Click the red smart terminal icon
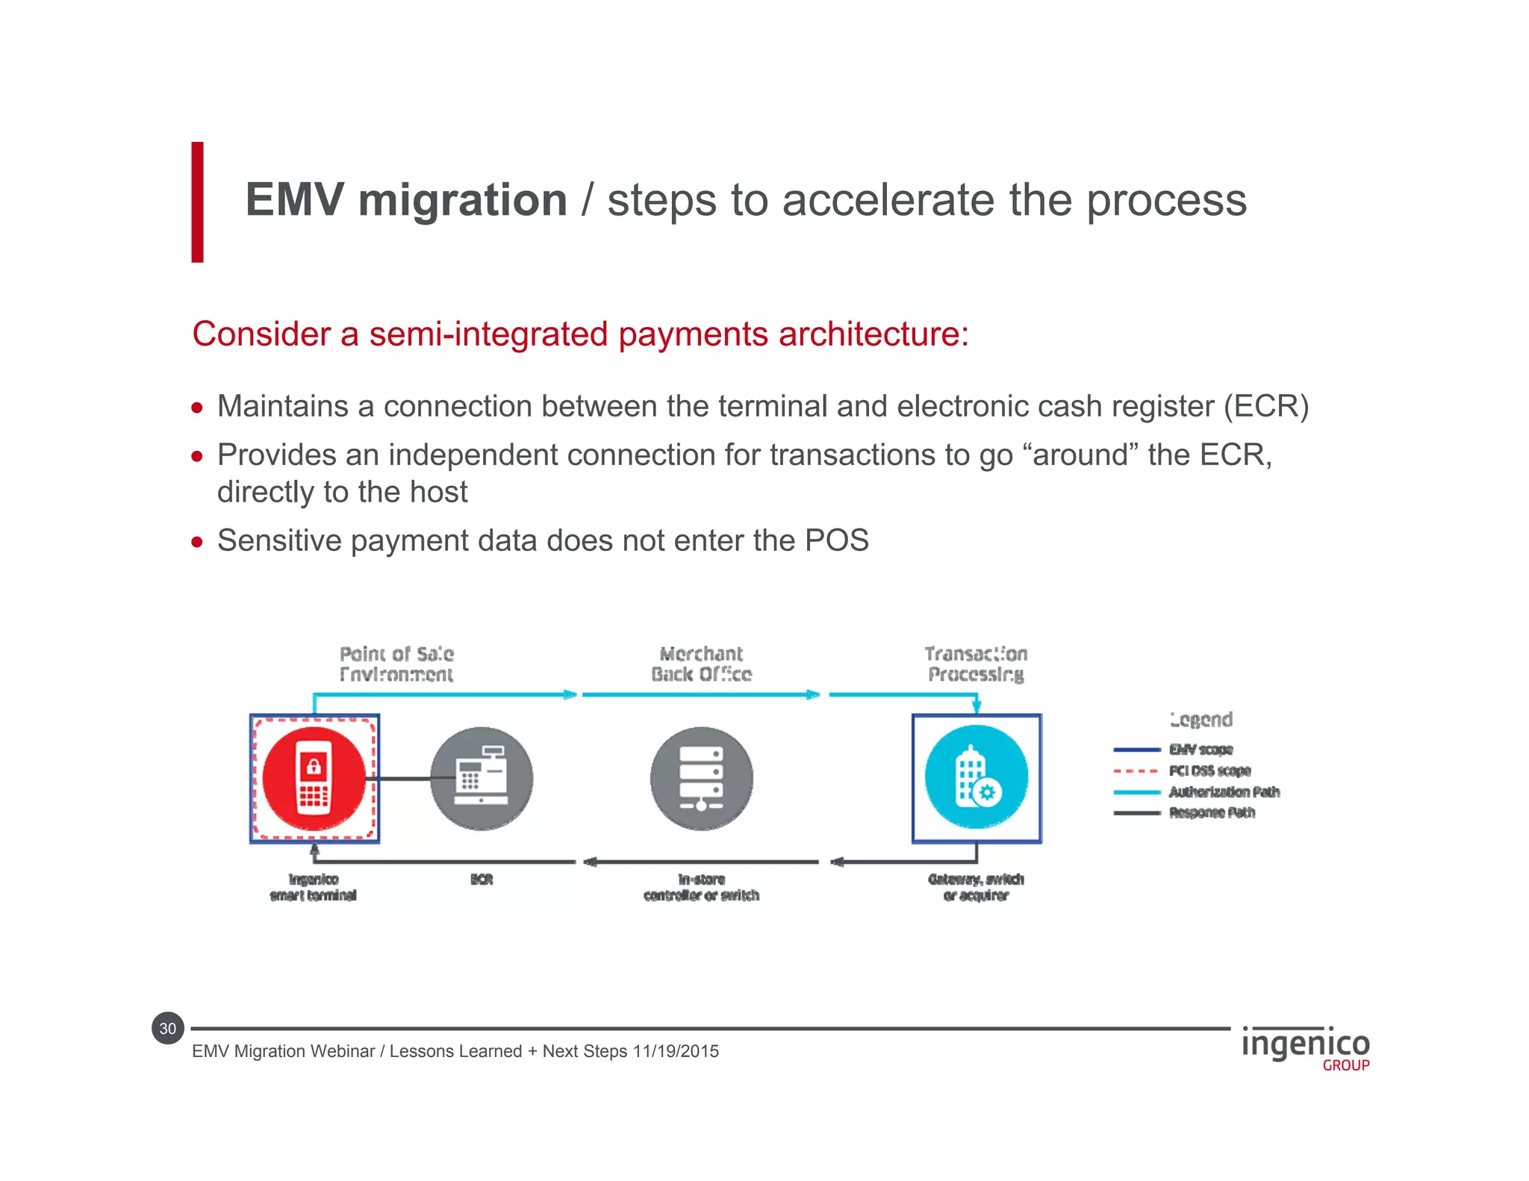pos(314,779)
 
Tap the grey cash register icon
pos(482,779)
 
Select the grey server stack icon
pos(701,779)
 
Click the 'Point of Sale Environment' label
pos(396,664)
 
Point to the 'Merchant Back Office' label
pos(701,664)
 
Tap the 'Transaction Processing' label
pos(976,664)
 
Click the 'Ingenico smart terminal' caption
pos(314,887)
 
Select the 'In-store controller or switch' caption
pos(701,887)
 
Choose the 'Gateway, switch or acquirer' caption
pos(976,887)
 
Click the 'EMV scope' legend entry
pos(1201,750)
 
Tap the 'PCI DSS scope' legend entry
pos(1209,770)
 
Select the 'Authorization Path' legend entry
pos(1224,791)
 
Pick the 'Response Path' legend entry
pos(1212,812)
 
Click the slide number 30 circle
pos(168,1029)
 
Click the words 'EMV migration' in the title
pos(406,200)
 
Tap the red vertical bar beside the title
pos(197,202)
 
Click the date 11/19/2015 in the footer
pos(676,1051)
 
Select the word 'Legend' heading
pos(1201,720)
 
